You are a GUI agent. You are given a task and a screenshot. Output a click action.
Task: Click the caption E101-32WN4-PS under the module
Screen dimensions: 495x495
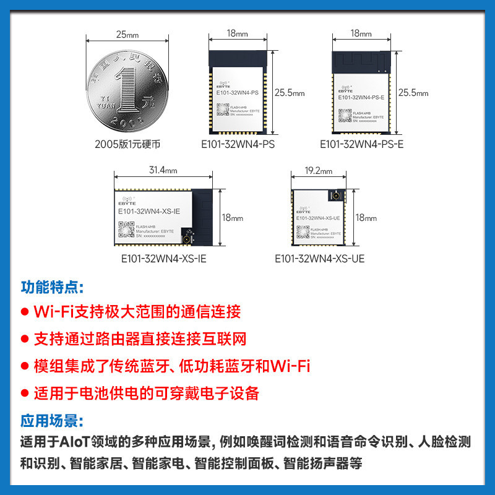click(238, 144)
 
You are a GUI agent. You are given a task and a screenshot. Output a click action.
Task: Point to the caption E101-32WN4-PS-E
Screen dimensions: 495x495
click(361, 144)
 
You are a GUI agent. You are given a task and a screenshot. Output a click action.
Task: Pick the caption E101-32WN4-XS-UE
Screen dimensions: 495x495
click(319, 258)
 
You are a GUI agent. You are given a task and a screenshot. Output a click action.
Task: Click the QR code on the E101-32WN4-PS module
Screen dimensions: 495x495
click(222, 109)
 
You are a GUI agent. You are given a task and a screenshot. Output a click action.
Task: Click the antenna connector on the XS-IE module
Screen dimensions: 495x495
click(184, 238)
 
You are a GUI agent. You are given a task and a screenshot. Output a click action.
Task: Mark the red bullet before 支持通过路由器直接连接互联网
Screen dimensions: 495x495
click(25, 339)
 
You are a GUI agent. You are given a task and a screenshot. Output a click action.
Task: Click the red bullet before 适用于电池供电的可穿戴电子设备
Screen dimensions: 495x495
click(25, 394)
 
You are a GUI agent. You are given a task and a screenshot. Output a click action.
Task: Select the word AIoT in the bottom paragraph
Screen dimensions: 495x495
click(75, 442)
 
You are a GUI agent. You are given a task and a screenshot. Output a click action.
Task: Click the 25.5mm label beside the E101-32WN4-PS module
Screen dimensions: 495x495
click(290, 93)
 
